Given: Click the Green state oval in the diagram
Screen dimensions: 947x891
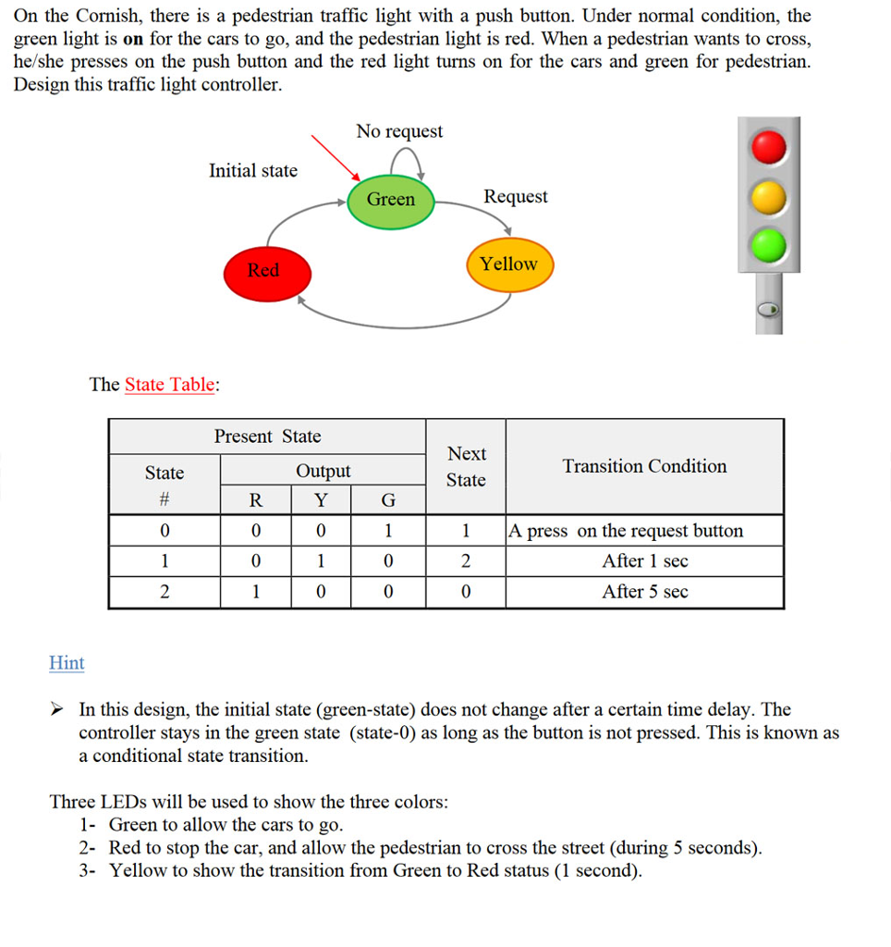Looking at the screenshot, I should (x=391, y=200).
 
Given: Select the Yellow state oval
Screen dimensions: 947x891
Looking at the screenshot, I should (x=508, y=264).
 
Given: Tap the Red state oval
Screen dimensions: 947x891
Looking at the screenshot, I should (x=263, y=271).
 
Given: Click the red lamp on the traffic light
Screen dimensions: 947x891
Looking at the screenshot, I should (x=768, y=147).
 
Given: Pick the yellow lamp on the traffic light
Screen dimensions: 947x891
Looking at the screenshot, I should (x=768, y=196).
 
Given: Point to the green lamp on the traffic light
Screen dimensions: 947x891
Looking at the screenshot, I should (x=768, y=245).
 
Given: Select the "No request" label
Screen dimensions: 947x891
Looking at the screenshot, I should (x=399, y=131).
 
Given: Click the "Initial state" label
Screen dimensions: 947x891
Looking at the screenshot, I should (x=253, y=170).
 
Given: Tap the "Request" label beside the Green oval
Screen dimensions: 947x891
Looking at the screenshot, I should (x=516, y=196).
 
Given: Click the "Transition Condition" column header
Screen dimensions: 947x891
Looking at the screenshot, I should (x=644, y=466).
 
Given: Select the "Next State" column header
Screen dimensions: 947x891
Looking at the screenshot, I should (x=466, y=466).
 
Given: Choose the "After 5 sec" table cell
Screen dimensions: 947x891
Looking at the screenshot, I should (x=644, y=592).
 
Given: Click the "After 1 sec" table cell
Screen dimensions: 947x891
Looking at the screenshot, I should (x=644, y=561).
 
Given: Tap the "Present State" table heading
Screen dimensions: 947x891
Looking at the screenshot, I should (x=267, y=437).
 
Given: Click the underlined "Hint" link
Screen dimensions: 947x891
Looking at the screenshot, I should (x=67, y=662).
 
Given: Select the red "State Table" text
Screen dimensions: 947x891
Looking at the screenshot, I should (x=169, y=385).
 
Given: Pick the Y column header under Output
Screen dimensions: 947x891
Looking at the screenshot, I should (x=321, y=500).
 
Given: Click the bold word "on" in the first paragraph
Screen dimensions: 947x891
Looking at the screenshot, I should (x=133, y=40).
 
